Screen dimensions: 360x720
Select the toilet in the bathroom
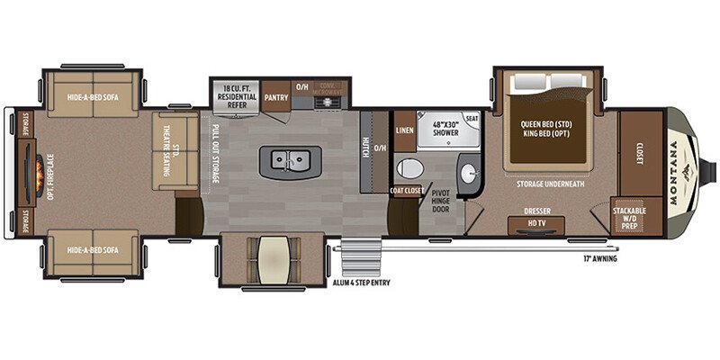pyautogui.click(x=409, y=169)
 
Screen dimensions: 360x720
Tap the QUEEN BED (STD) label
pyautogui.click(x=549, y=125)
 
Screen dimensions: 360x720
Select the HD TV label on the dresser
pyautogui.click(x=537, y=223)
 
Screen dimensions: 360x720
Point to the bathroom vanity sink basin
pyautogui.click(x=468, y=170)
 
